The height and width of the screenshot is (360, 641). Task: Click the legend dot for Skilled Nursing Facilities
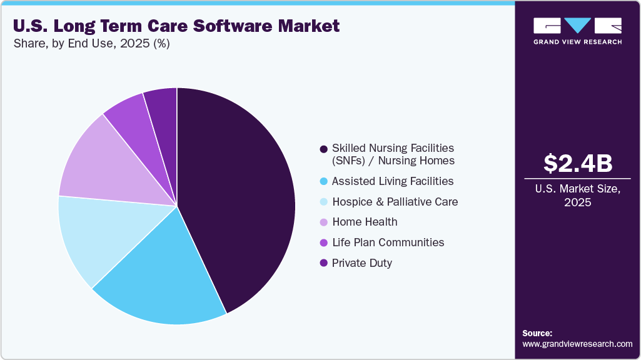pos(323,149)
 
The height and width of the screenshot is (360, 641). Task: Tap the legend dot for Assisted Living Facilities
pos(323,181)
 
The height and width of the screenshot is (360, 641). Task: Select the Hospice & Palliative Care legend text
pos(395,202)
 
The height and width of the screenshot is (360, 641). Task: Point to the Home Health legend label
pos(365,222)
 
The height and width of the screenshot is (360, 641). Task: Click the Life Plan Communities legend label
pos(388,242)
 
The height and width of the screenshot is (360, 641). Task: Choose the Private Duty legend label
pos(362,263)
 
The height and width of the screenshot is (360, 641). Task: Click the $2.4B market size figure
pos(577,164)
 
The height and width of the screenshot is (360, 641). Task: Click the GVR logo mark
pos(577,26)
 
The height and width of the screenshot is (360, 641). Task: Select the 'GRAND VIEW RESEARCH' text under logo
pos(577,42)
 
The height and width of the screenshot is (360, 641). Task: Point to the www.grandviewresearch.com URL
pos(577,344)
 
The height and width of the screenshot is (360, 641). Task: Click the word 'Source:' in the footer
pos(537,333)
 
